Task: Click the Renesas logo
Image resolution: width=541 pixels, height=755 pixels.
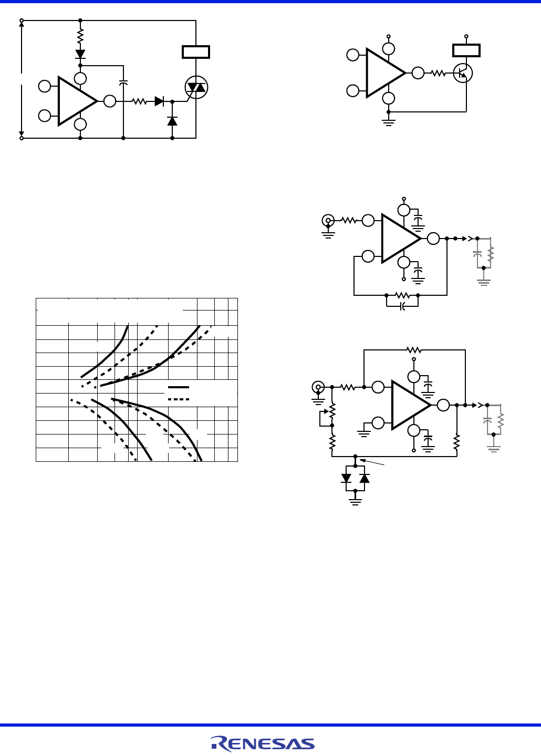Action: coord(263,743)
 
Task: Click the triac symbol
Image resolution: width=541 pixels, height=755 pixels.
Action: coord(196,87)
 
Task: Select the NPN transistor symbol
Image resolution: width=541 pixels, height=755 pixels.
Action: coord(463,73)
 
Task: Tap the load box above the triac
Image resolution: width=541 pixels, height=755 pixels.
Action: coord(196,52)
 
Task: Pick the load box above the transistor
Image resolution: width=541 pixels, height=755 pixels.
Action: coord(466,50)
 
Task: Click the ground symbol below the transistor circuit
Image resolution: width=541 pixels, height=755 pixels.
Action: coord(389,122)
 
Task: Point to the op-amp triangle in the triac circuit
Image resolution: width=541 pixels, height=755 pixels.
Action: coord(77,101)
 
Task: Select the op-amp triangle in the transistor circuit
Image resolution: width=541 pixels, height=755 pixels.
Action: coord(385,73)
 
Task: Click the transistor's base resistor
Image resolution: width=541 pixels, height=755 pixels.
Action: coord(438,74)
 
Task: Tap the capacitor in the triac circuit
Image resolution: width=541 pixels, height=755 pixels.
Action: coord(123,83)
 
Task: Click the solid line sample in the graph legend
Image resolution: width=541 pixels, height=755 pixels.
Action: coord(178,387)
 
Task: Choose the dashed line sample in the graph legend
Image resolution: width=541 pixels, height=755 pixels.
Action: coord(178,399)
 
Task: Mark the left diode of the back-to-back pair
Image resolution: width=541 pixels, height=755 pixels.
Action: coord(346,478)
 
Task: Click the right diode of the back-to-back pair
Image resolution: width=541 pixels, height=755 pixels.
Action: coord(365,478)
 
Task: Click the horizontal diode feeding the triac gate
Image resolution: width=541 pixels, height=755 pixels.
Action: coord(159,101)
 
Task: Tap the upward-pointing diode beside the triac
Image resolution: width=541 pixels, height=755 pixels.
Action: coord(172,121)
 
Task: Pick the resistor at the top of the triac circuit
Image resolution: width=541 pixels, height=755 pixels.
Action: coord(80,36)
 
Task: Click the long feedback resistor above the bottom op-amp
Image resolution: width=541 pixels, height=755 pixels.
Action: coord(414,350)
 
